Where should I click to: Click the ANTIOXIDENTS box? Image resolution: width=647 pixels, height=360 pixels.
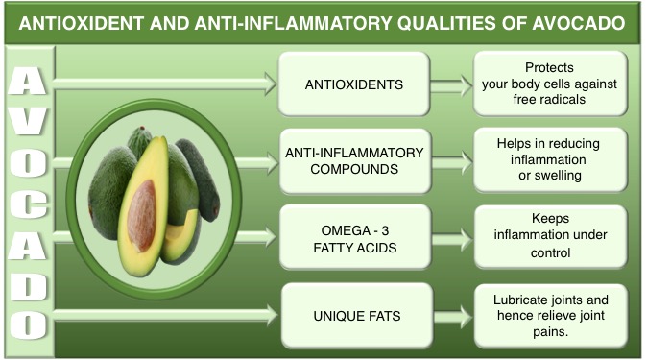(x=354, y=84)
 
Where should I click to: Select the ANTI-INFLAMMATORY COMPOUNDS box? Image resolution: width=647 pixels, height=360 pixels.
(x=354, y=160)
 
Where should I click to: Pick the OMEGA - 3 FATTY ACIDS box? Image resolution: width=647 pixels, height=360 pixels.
(x=354, y=236)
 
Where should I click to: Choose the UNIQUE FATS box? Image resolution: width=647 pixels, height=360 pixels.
(x=354, y=313)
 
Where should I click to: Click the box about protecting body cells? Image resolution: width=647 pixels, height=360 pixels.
(x=550, y=84)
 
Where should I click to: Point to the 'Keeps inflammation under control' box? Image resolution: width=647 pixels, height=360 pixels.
(x=550, y=236)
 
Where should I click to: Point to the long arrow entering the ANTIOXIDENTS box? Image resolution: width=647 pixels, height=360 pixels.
(x=163, y=84)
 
